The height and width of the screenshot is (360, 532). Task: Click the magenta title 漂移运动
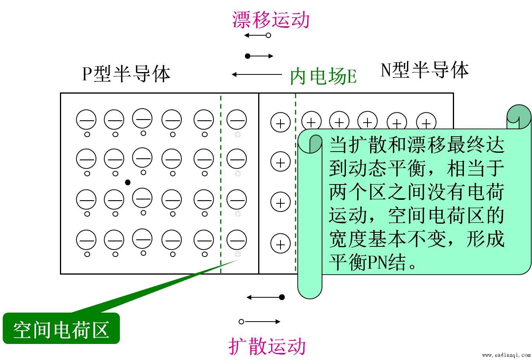[271, 20]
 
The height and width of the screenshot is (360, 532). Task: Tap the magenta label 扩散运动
[267, 346]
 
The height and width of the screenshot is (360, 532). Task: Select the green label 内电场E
[323, 76]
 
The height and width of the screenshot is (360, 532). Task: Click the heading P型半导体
[126, 74]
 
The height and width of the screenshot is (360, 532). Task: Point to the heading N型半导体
[425, 70]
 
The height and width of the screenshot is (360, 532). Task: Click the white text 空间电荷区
[61, 330]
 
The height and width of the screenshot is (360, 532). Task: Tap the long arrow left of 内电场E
[257, 74]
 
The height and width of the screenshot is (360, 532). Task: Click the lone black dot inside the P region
[128, 183]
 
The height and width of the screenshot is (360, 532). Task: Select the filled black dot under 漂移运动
[248, 56]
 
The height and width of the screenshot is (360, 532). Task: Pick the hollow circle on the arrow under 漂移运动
[268, 35]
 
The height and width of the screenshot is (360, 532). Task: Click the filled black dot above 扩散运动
[282, 297]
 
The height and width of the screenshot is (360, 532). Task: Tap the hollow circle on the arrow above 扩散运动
[241, 322]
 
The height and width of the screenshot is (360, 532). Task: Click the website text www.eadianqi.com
[507, 355]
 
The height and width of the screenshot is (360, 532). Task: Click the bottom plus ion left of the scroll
[280, 244]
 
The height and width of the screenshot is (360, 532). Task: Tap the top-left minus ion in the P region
[86, 119]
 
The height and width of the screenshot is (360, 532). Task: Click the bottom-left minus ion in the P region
[86, 240]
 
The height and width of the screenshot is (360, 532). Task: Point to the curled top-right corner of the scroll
[519, 116]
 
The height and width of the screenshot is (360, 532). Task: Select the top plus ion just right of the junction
[280, 123]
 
